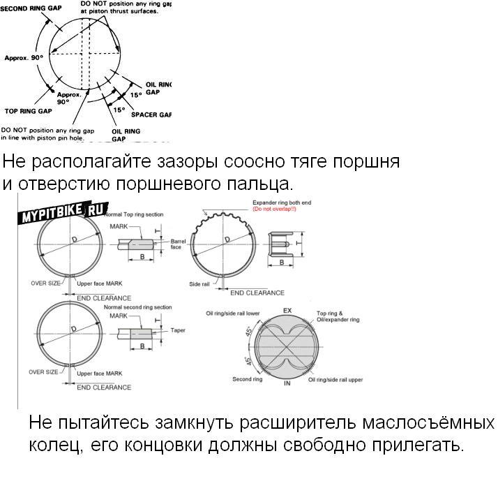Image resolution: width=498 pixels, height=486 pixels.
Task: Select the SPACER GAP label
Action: coord(151,115)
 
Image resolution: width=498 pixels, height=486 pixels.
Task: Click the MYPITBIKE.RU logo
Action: coord(61,211)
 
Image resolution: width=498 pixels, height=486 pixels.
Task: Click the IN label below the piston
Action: coord(287,383)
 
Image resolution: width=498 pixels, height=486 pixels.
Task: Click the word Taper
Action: coord(178,330)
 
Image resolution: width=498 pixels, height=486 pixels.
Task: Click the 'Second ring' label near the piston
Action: coord(247,379)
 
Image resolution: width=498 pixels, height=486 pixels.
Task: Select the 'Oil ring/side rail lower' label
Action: coord(234,314)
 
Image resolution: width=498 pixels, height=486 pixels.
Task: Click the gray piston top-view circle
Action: coord(287,346)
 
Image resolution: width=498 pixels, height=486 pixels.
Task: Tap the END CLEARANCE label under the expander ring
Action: coord(257,293)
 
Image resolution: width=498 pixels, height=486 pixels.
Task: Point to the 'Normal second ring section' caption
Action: coord(137,307)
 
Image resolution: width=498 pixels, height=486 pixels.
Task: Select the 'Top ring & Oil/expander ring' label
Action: coord(338,316)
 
